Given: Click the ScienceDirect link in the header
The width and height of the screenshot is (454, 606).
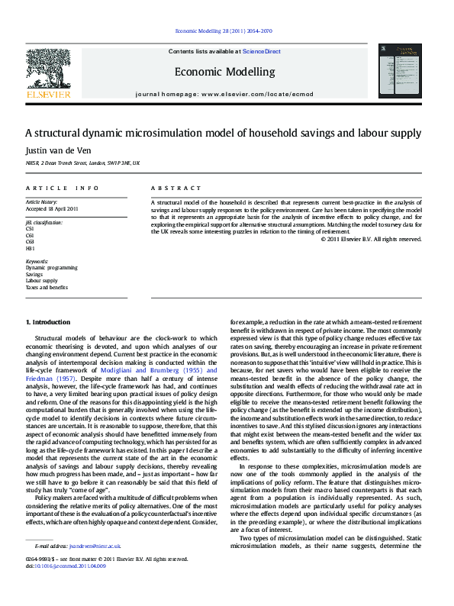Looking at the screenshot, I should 261,52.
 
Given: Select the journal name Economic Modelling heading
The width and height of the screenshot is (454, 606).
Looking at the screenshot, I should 224,72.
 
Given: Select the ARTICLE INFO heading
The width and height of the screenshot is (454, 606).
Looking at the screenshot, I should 63,188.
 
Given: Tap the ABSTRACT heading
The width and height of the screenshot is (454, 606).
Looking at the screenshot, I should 176,188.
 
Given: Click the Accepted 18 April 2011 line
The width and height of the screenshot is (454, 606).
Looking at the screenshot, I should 52,208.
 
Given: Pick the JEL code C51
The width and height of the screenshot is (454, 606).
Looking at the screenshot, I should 31,228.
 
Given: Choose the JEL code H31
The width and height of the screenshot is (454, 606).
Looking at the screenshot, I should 31,248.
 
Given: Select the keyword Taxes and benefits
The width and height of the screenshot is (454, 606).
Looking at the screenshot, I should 47,288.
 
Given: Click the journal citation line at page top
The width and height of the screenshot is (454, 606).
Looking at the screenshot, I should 224,32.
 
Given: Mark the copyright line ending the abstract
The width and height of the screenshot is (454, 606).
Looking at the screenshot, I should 372,239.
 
